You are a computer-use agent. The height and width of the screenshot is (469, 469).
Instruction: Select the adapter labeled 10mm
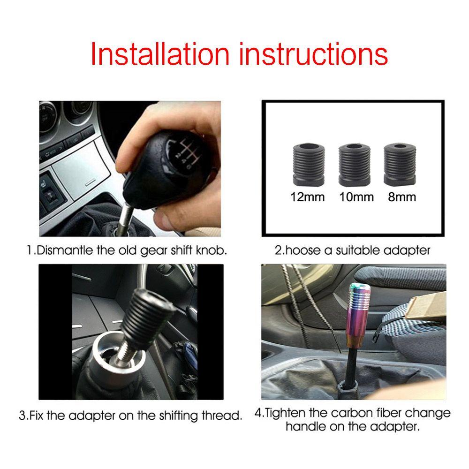(354, 164)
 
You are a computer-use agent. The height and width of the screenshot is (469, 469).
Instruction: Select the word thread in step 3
(224, 415)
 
